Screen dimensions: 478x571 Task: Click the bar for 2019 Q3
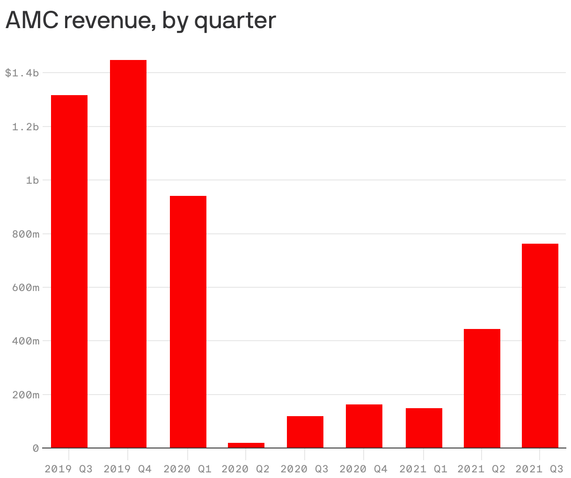69,271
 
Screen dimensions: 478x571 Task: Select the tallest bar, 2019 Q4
128,254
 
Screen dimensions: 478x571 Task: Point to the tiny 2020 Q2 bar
246,445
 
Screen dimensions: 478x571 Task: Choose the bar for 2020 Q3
305,432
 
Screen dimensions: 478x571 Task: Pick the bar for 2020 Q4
364,426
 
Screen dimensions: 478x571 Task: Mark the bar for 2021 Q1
424,428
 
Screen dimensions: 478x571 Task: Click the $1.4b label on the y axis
22,73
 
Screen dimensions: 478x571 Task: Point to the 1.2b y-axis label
25,127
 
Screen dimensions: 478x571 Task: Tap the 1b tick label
32,180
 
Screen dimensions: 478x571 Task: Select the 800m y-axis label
25,234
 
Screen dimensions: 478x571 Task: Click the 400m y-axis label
25,341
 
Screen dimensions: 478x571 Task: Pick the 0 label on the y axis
36,448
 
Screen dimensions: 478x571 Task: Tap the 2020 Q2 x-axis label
246,469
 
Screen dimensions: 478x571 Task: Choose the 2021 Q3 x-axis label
539,469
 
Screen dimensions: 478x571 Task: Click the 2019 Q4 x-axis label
128,469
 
